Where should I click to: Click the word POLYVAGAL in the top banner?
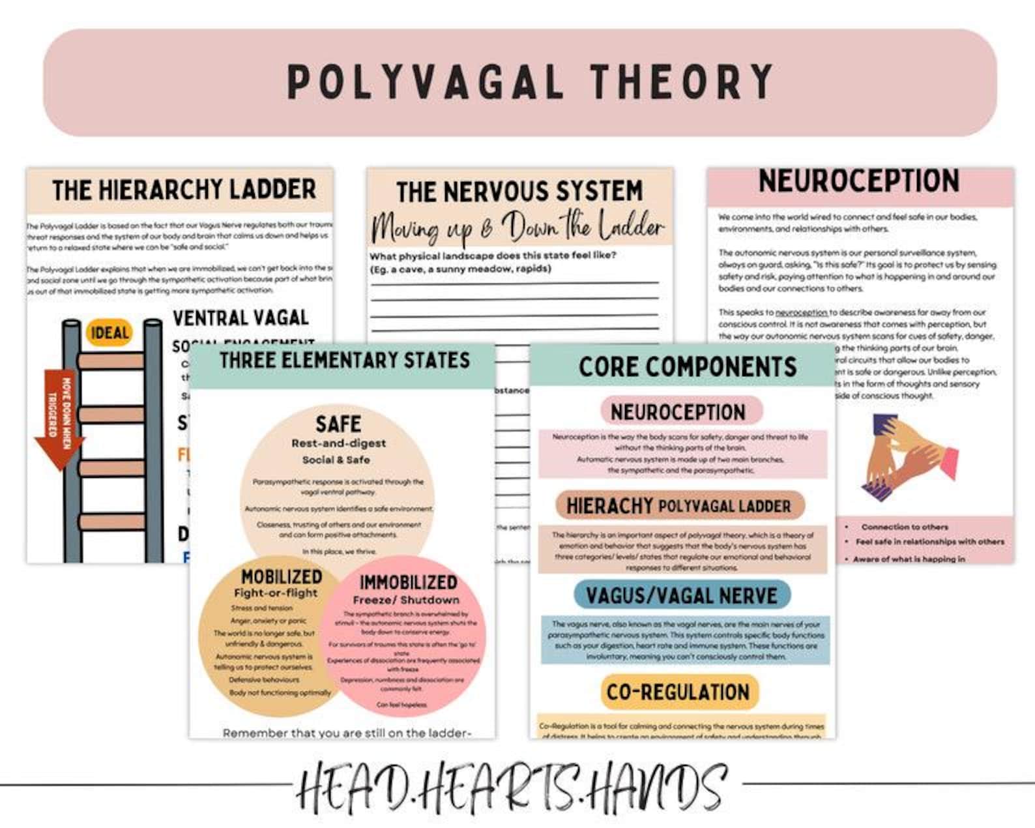(x=424, y=82)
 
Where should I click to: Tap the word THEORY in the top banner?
(x=682, y=82)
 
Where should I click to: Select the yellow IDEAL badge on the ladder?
(x=109, y=333)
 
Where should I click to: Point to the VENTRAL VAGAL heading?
(x=241, y=318)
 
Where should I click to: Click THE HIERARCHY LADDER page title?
(x=184, y=190)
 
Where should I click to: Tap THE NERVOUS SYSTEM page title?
(x=519, y=192)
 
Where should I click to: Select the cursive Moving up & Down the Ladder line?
(x=517, y=227)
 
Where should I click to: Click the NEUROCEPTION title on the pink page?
(x=858, y=181)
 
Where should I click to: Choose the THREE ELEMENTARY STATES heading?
(x=344, y=361)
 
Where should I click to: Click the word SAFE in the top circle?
(x=338, y=424)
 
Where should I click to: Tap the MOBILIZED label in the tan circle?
(x=282, y=577)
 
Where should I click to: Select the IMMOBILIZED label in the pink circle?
(x=409, y=582)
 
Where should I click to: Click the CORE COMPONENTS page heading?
(x=688, y=367)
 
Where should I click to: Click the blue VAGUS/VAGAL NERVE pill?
(x=681, y=595)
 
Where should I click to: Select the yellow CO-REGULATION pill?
(x=678, y=692)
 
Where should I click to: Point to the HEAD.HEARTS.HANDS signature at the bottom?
(x=512, y=787)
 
